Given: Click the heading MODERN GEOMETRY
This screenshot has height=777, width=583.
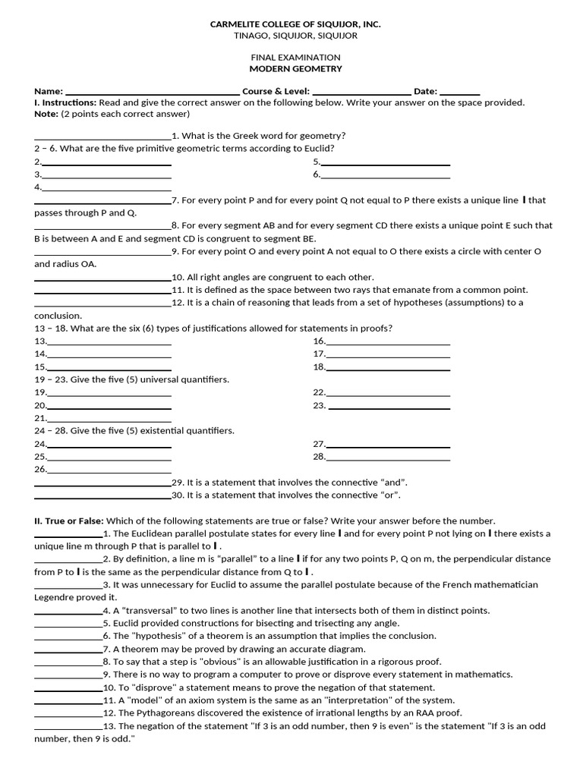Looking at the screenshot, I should pyautogui.click(x=295, y=69).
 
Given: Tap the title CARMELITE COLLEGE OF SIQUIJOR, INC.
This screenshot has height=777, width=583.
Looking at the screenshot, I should pyautogui.click(x=295, y=25).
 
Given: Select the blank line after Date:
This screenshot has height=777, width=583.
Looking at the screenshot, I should pyautogui.click(x=460, y=93).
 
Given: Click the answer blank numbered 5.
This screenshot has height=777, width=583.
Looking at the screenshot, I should pyautogui.click(x=386, y=163).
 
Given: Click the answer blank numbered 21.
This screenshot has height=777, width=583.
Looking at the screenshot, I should pyautogui.click(x=109, y=419).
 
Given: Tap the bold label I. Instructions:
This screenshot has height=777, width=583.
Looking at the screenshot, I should pyautogui.click(x=65, y=102).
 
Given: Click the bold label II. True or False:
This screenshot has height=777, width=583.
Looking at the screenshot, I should pyautogui.click(x=69, y=521).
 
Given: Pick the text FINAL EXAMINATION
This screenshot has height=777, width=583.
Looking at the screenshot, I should pyautogui.click(x=295, y=58).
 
